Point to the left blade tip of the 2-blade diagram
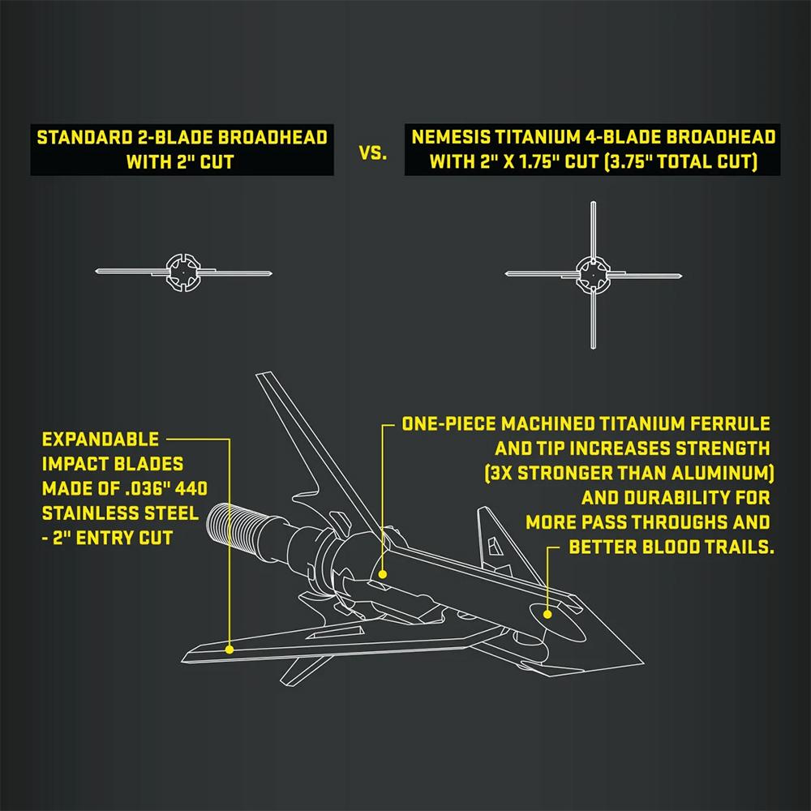point(99,270)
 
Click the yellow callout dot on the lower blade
point(230,649)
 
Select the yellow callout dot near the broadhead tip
point(547,614)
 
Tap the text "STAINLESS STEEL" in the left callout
point(119,513)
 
